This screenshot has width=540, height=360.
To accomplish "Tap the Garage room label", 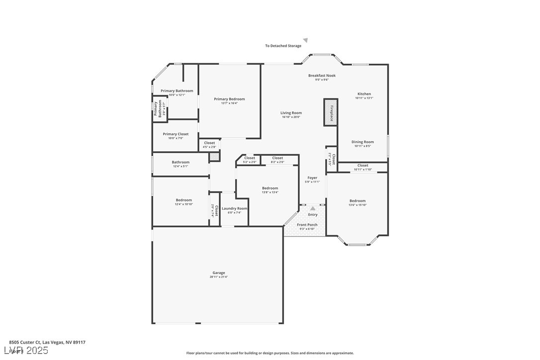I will coord(219,272).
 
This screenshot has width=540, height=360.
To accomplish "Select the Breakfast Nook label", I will coord(322,76).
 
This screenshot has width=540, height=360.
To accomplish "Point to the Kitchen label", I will coord(364,94).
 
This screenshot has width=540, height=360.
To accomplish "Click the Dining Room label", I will coord(362,142).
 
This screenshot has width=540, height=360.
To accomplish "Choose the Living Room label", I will coord(291,113).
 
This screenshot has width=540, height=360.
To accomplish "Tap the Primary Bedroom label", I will coord(229,99).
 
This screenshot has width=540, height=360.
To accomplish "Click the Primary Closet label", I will coord(176,134).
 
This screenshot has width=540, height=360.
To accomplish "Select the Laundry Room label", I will coord(234,208).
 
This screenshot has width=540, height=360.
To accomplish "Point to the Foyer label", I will coord(312,178).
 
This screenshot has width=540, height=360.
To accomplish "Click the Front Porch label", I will coord(307,225).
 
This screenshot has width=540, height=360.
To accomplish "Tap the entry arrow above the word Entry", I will coord(313,209).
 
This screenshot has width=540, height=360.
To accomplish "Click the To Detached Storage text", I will coord(283,46).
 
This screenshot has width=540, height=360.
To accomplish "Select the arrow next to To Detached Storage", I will coord(306,40).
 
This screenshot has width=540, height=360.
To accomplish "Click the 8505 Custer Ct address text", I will coord(47,342).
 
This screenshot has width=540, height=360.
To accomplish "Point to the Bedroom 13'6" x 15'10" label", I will coord(357,201).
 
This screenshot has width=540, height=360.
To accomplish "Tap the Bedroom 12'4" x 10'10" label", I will coord(183,200).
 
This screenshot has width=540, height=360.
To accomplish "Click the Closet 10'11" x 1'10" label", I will coord(363,166).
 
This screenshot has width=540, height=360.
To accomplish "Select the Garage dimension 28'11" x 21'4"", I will coord(219,277).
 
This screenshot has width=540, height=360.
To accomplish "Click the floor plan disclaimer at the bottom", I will coord(270,353).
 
